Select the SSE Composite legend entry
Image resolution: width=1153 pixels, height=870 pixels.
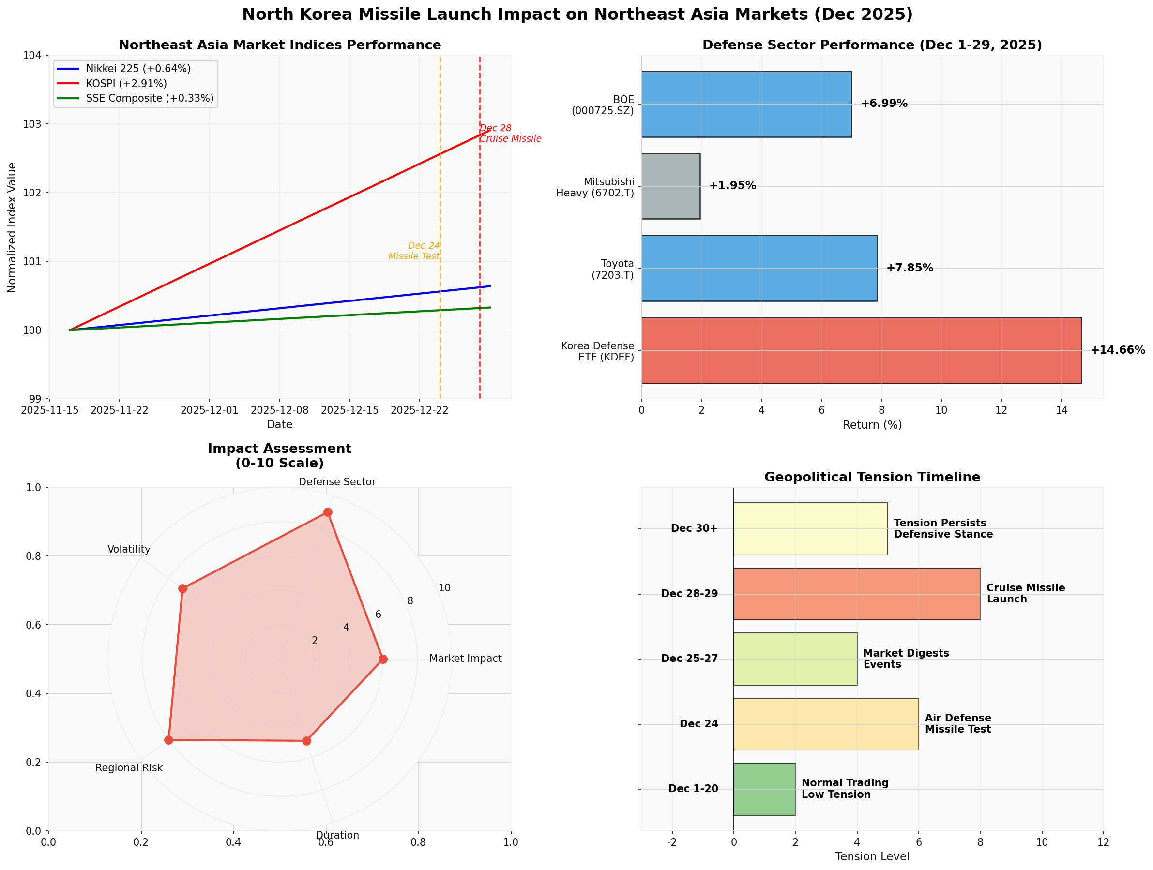[x=149, y=98]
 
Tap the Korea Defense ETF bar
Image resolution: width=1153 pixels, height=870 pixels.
[x=861, y=350]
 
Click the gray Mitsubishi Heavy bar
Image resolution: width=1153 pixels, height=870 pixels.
[x=670, y=186]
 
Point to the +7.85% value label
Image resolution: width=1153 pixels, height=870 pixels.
[x=910, y=268]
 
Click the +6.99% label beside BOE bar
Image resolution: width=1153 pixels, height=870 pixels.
[x=884, y=104]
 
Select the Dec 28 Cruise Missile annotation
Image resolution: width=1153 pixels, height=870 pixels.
[x=510, y=134]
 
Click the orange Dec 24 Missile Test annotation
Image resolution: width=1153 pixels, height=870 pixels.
[x=414, y=251]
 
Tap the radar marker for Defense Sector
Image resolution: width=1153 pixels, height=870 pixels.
[x=327, y=512]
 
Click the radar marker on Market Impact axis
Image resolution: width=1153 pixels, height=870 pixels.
[x=383, y=659]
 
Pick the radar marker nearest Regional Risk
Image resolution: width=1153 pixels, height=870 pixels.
[x=168, y=740]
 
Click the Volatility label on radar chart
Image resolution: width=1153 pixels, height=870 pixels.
[x=129, y=549]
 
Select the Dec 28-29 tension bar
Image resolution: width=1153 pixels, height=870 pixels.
[x=856, y=594]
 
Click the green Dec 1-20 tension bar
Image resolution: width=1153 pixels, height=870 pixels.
[x=764, y=789]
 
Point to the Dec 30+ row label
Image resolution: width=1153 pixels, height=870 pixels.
[x=694, y=528]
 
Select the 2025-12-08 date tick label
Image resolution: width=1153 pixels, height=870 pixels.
[x=279, y=410]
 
